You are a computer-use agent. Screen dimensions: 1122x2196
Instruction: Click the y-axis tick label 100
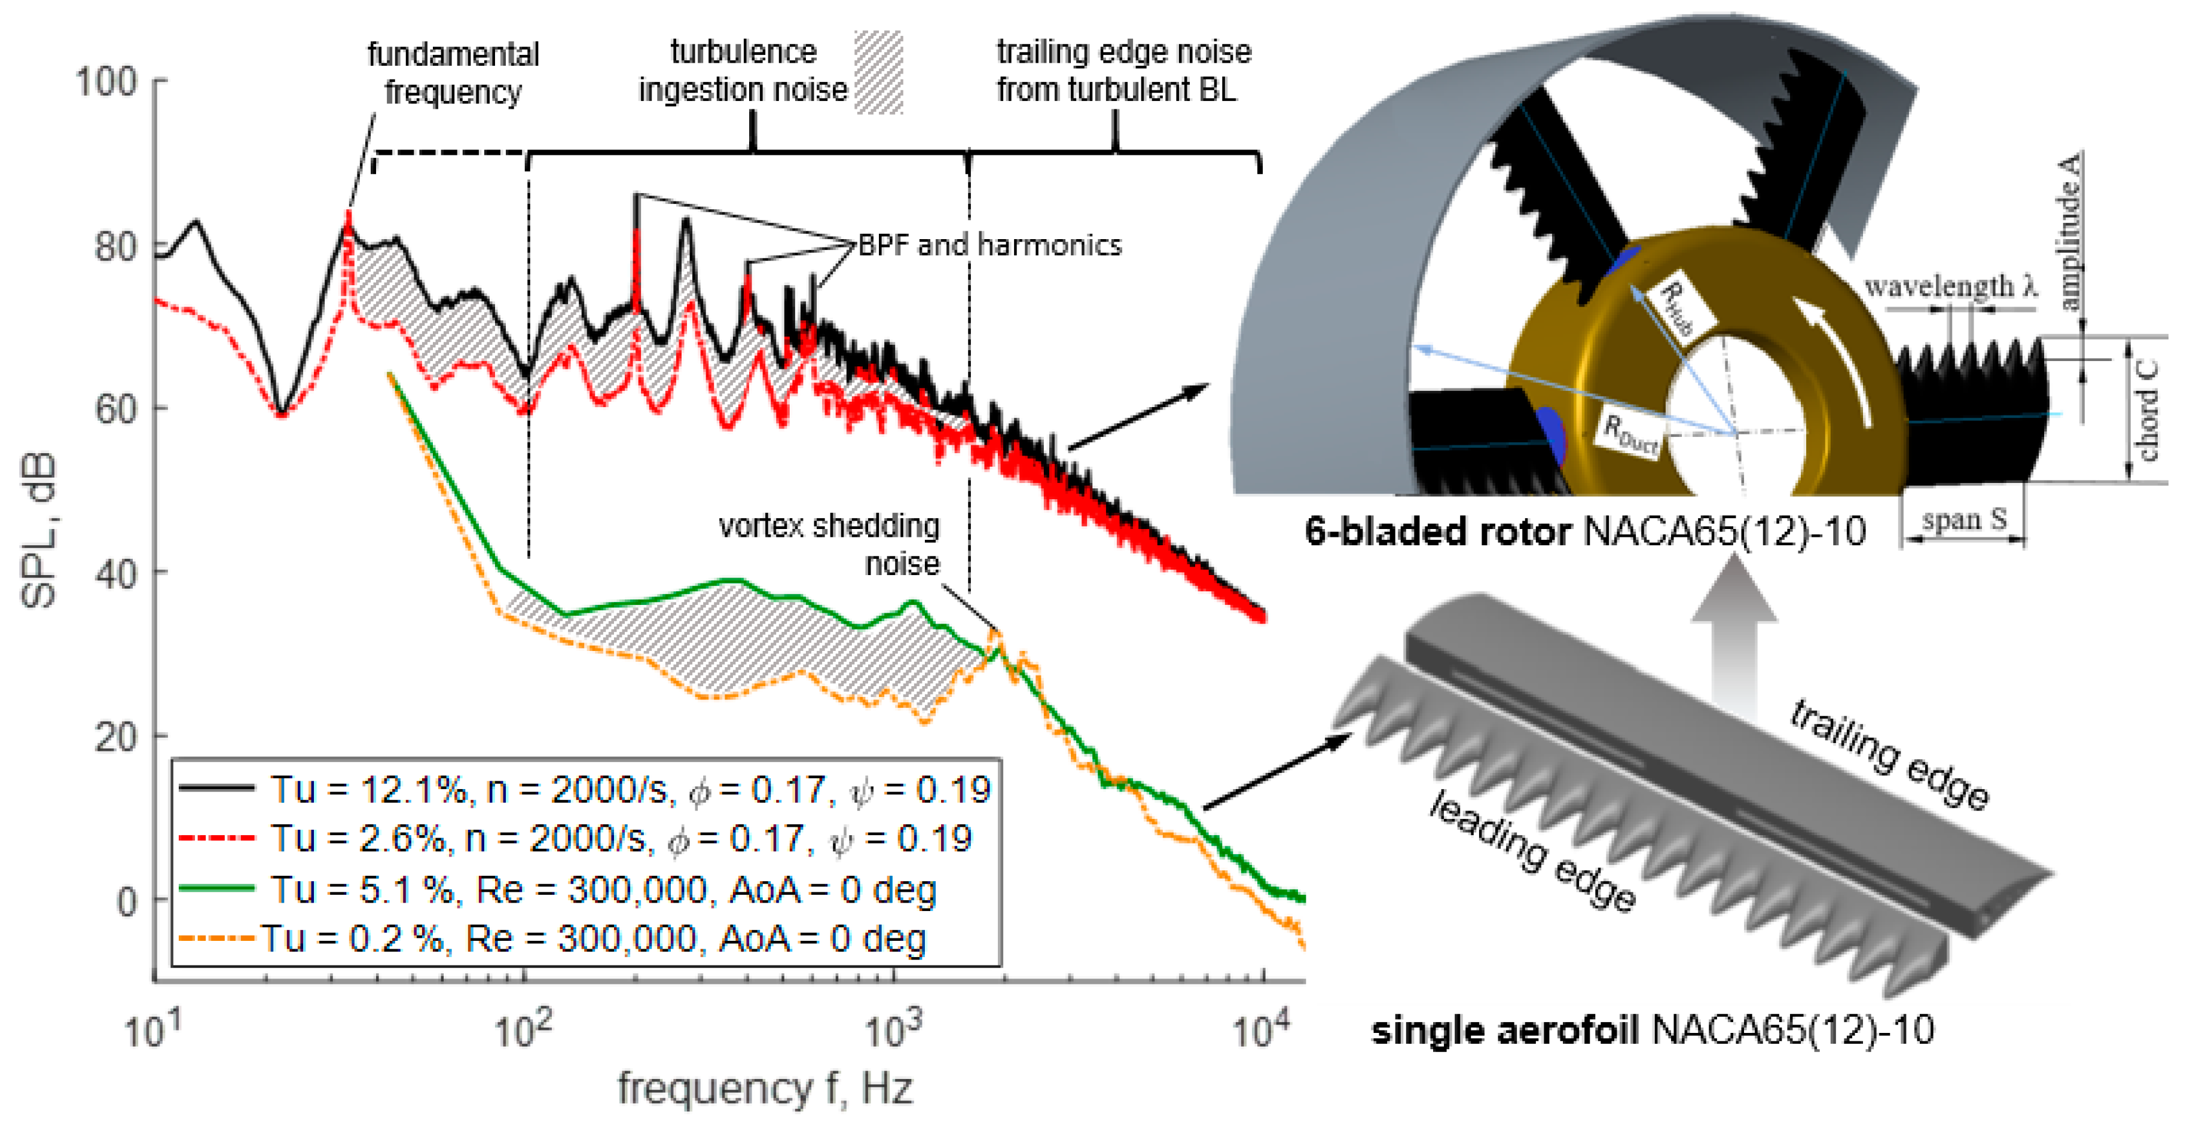pos(106,82)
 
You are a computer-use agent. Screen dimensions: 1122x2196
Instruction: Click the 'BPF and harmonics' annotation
pos(989,246)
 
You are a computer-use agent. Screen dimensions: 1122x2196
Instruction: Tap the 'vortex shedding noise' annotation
pos(839,545)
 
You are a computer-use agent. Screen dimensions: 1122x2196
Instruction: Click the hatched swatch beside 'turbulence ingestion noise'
pos(878,72)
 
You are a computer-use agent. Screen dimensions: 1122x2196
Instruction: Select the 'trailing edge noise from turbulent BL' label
pos(1123,71)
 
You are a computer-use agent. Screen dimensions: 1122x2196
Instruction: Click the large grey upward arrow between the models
pos(1733,640)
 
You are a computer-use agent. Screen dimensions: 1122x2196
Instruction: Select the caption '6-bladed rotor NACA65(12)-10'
pos(1585,532)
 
